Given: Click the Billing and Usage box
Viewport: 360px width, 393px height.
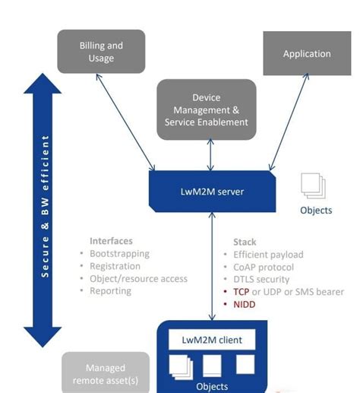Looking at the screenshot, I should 101,52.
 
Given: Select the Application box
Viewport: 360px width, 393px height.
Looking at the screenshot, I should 307,54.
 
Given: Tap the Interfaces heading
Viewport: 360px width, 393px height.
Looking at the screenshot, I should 111,241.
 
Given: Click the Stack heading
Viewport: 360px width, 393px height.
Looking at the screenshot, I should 245,241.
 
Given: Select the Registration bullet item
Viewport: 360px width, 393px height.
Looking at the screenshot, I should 115,266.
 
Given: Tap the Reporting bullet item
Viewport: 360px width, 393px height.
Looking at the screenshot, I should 110,290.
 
